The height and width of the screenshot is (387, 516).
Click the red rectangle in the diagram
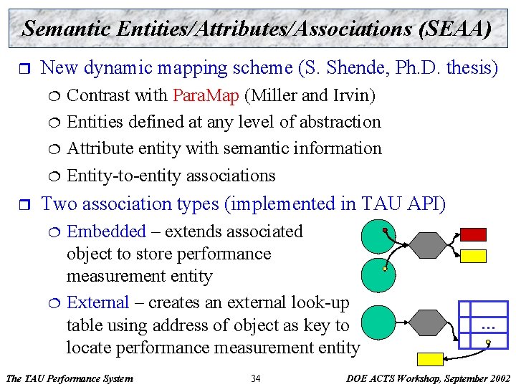click(473, 234)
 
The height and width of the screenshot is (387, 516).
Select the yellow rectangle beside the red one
click(473, 256)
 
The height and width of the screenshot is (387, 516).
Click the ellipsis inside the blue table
click(489, 327)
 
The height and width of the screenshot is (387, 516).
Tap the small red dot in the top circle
click(386, 230)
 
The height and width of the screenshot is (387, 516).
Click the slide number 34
click(256, 378)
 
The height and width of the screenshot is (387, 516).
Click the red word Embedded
click(106, 231)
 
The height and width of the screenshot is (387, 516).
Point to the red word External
click(97, 303)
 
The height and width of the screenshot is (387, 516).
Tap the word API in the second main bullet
click(426, 204)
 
